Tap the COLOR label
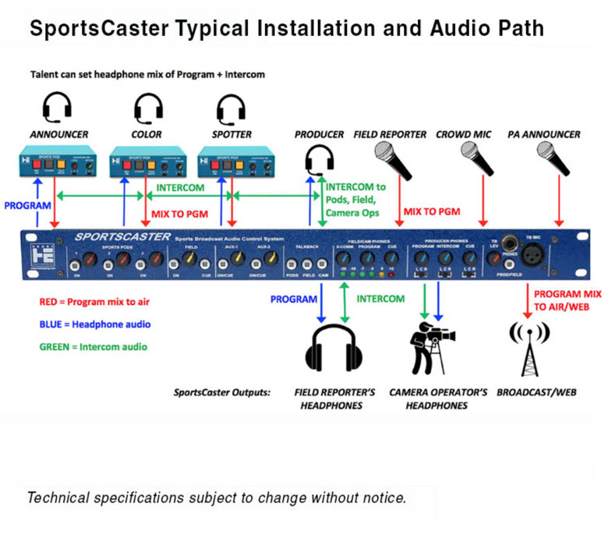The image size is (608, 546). (147, 134)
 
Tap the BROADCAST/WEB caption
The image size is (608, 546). (536, 392)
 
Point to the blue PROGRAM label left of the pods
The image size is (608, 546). (27, 206)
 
